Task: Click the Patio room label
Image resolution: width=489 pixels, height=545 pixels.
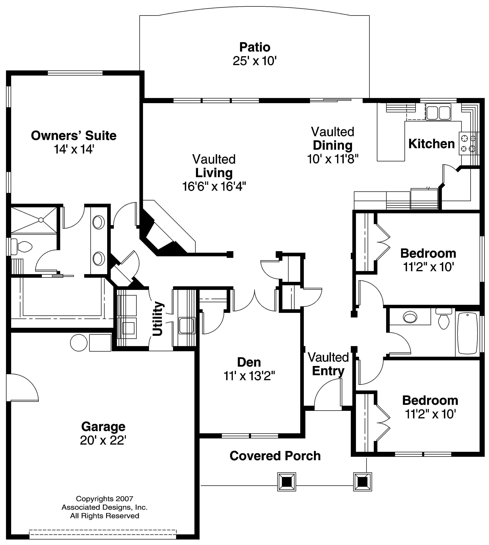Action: coord(255,47)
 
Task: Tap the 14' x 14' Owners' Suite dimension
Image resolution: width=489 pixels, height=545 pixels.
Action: coord(74,149)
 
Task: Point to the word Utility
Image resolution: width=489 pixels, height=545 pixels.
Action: coord(158,319)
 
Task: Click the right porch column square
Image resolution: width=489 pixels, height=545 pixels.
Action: coord(362,482)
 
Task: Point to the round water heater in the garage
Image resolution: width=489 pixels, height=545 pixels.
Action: coord(79,343)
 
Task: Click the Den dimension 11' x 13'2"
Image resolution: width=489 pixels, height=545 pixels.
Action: coord(249,376)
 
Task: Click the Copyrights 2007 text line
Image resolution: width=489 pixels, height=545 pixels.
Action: coord(105,499)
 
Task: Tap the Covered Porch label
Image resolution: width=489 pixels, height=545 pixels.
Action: coord(275,456)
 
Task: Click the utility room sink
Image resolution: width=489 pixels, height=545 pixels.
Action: coord(187,325)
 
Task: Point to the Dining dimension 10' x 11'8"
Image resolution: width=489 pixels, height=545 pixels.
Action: coord(333,159)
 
